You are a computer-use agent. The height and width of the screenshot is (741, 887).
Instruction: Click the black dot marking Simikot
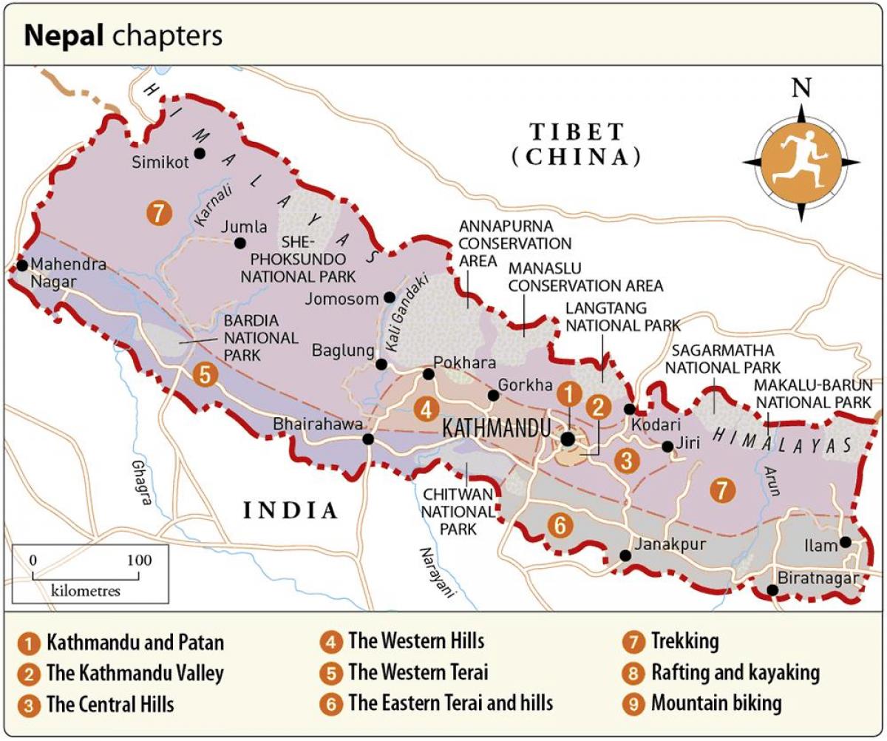pos(200,154)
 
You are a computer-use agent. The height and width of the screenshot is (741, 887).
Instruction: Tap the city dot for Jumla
pos(239,243)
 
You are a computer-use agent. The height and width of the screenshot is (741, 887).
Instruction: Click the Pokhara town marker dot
pos(428,374)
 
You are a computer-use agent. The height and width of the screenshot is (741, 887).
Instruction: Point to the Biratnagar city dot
pos(772,590)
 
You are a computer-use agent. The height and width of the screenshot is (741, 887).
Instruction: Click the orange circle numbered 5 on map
pos(205,375)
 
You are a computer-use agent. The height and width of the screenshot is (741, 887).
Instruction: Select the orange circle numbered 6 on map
pos(560,525)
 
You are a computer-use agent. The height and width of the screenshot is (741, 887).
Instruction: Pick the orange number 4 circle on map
pos(425,409)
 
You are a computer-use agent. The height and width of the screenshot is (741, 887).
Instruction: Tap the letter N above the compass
pos(801,89)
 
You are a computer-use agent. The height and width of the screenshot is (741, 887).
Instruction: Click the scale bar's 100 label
pos(138,561)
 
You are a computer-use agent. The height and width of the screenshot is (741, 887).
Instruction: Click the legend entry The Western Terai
pos(418,672)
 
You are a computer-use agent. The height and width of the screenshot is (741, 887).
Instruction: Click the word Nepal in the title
pos(65,36)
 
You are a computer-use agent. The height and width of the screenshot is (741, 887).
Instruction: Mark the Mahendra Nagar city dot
pos(22,265)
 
